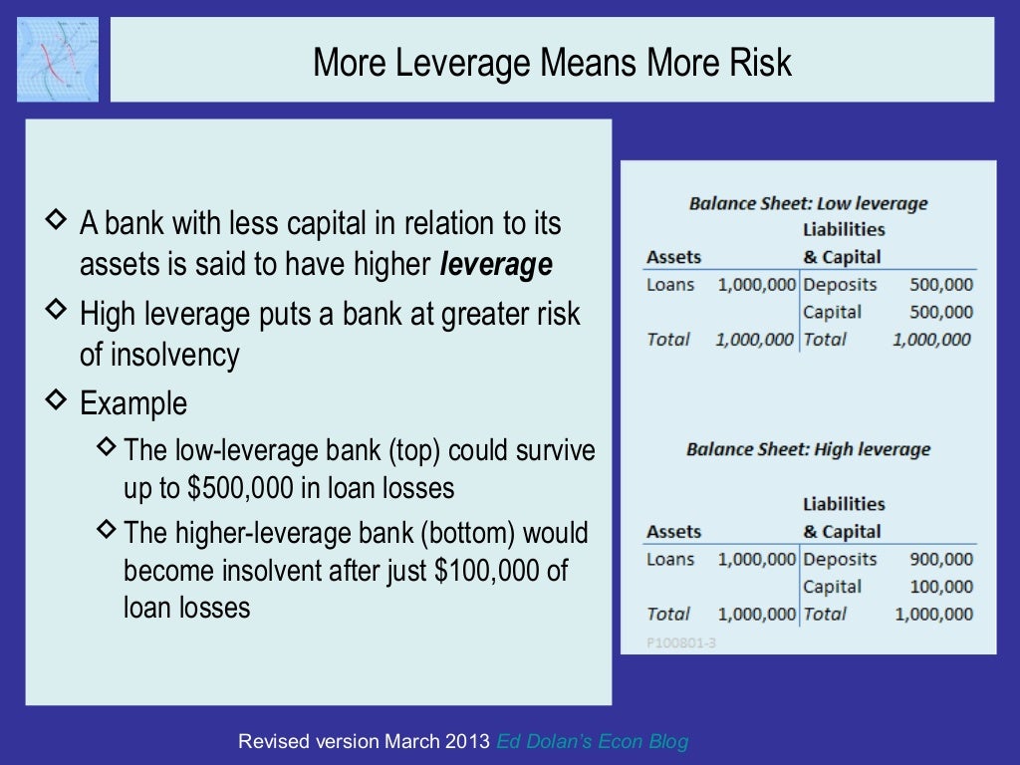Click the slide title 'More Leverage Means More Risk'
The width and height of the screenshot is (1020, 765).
tap(552, 62)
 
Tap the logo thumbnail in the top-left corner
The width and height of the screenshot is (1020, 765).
tap(58, 59)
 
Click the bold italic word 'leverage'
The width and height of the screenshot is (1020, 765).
tap(495, 266)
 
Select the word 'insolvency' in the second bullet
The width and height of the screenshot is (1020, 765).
tap(159, 356)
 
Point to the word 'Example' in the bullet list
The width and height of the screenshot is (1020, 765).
tap(133, 404)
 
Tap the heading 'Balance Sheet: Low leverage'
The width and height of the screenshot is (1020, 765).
tap(808, 203)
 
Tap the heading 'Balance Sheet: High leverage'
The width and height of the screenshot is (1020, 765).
tap(808, 449)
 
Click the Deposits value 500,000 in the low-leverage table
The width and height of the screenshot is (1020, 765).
tap(941, 285)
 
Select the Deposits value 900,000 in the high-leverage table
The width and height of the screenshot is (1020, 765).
tap(941, 560)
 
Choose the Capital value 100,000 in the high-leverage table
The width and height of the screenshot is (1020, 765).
tap(941, 588)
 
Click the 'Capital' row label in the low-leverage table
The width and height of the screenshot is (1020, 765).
tap(832, 313)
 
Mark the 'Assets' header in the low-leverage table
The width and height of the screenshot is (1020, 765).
tap(673, 257)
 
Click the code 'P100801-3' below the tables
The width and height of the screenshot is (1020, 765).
tap(681, 643)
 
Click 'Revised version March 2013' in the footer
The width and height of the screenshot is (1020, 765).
tap(365, 742)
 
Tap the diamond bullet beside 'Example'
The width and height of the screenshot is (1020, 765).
tap(58, 401)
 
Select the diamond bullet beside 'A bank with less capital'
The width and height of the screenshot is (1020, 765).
tap(58, 218)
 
